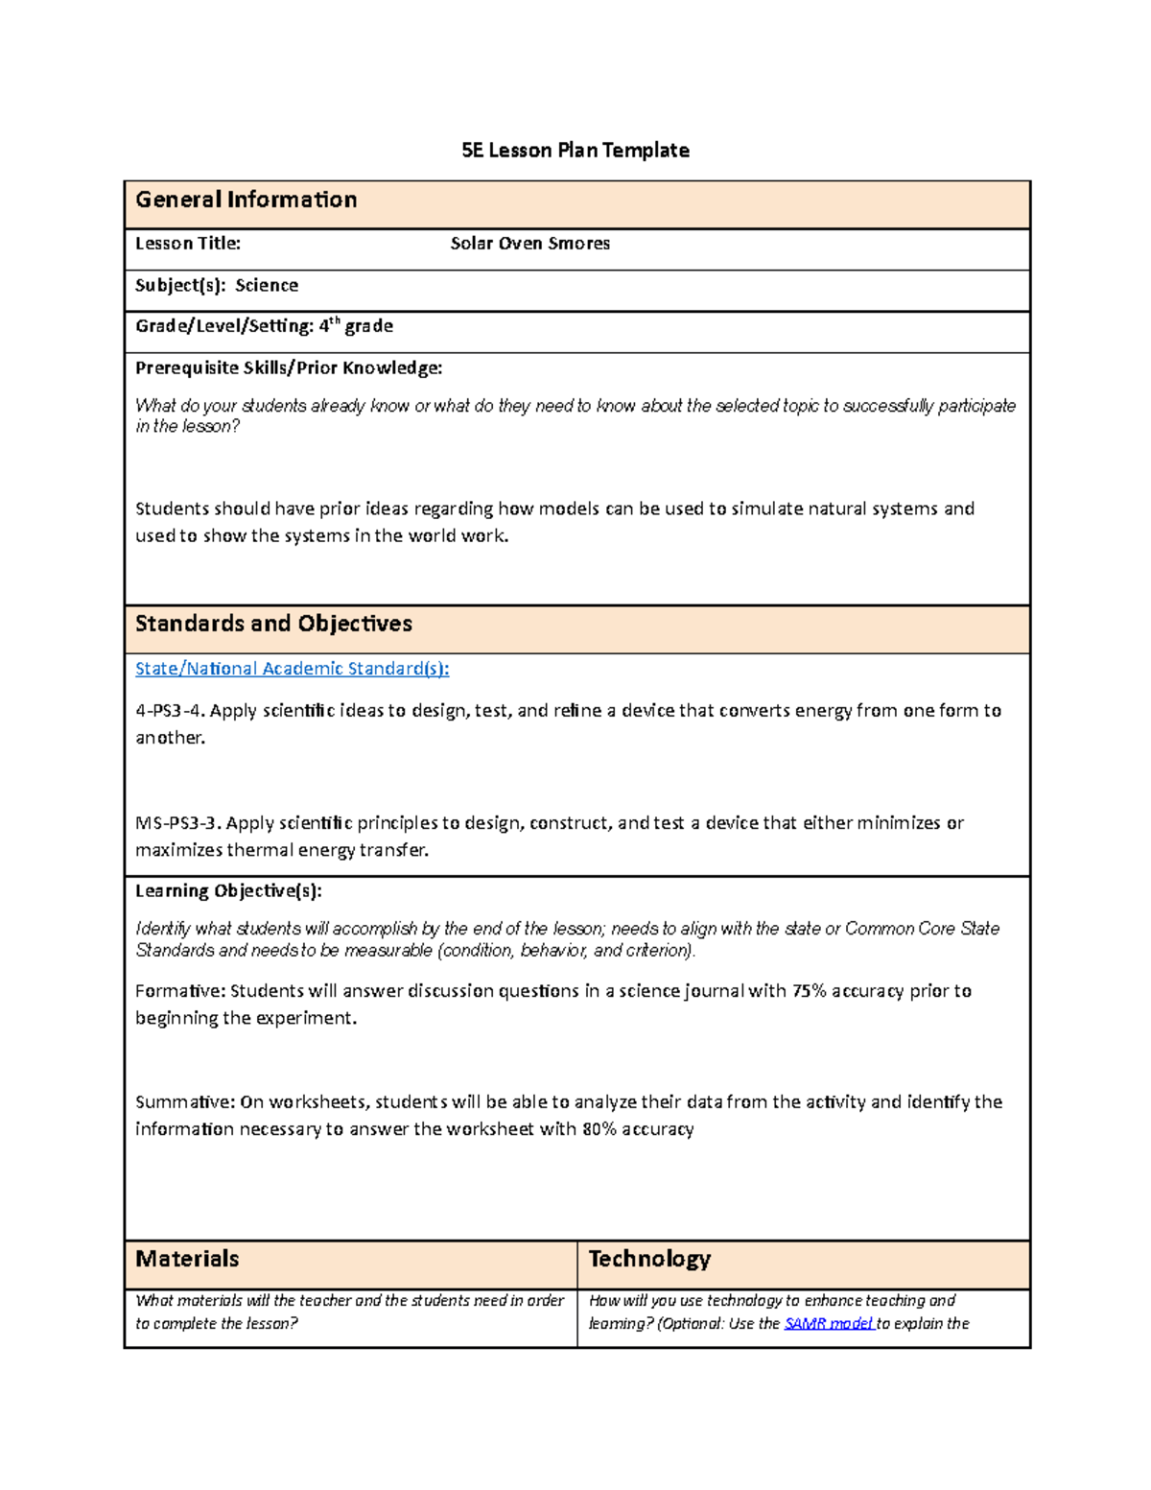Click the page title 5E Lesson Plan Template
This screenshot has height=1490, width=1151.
coord(575,151)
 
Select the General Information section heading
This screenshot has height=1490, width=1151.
coord(246,200)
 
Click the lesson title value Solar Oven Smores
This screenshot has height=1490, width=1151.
coord(529,244)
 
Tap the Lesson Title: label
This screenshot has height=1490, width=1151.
coord(187,244)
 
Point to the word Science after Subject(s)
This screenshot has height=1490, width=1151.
coord(267,286)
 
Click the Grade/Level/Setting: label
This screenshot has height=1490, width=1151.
coord(224,326)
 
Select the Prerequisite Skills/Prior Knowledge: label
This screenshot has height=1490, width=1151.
coord(288,368)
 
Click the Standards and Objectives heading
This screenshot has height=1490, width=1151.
coord(273,624)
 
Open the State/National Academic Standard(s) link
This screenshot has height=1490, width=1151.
coord(292,669)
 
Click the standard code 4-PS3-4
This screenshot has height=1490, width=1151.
coord(169,711)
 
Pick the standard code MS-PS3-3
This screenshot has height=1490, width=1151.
coord(177,823)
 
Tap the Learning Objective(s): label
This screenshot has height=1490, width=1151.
coord(228,891)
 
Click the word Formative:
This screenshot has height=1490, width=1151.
coord(179,991)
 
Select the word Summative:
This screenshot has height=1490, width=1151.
coord(184,1102)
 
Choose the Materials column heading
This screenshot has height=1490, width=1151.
coord(187,1259)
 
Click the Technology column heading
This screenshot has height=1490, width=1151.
coord(649,1259)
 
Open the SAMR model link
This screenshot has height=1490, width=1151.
coord(828,1324)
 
